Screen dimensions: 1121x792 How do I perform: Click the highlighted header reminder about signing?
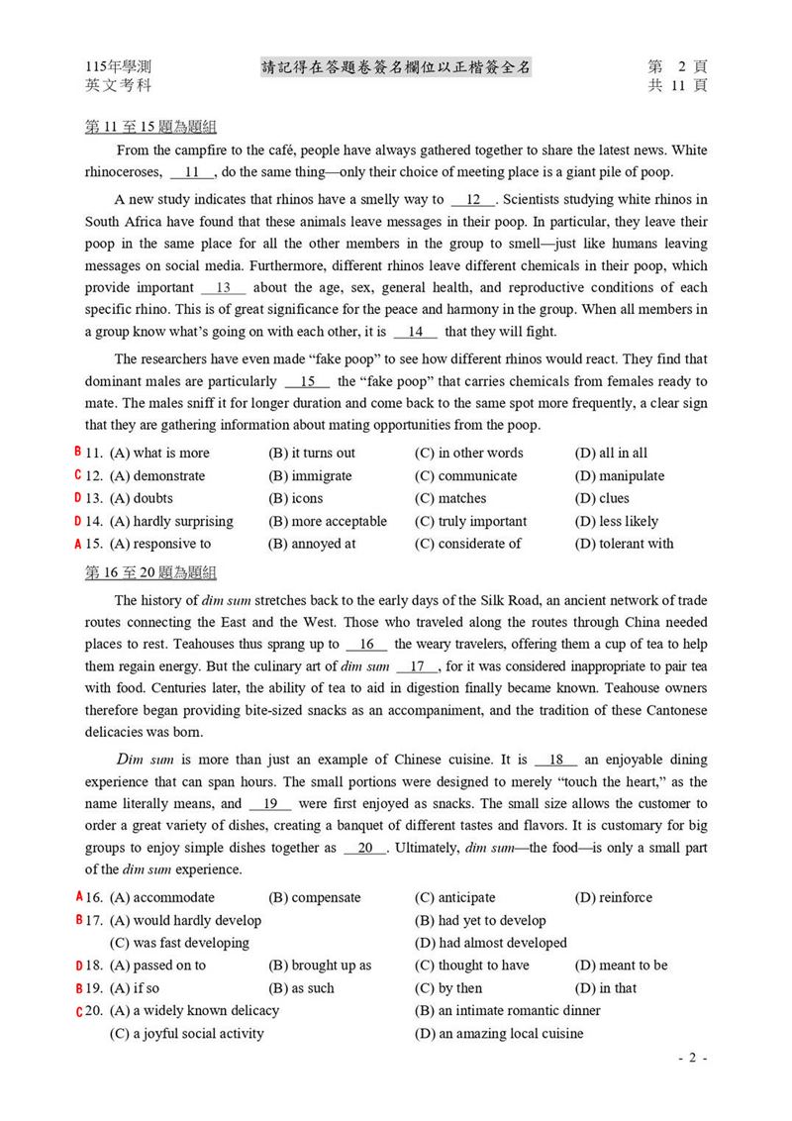396,66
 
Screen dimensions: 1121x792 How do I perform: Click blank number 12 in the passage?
473,199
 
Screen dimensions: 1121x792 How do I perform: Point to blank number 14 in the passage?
415,332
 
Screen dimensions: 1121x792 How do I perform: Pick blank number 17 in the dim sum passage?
417,666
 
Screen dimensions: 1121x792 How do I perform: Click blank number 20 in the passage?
365,848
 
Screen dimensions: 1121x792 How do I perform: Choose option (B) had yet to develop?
480,920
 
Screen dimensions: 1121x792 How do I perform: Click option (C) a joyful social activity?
186,1034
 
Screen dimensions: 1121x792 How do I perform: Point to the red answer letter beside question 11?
78,452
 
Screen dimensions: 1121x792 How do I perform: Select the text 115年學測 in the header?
119,67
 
